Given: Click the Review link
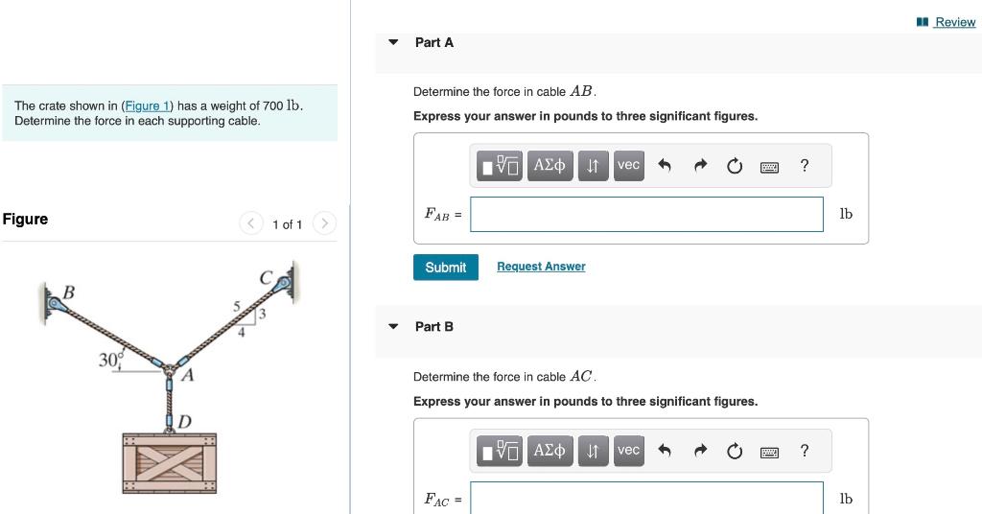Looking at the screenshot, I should [x=954, y=22].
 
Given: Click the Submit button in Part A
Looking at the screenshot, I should [x=445, y=268].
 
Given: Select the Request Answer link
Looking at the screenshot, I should [x=541, y=267].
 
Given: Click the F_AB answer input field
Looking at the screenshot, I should [x=646, y=214].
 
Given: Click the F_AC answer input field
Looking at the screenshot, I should [x=646, y=498].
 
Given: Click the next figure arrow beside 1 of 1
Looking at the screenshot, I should [x=325, y=224].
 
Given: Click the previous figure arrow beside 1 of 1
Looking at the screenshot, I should [x=251, y=224].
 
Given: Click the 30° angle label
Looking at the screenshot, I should [x=109, y=360].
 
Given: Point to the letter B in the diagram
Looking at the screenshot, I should [x=68, y=291].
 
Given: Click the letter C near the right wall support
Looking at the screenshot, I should [x=266, y=278].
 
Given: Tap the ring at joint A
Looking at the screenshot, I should [x=170, y=369].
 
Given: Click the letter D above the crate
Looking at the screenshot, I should [x=184, y=421].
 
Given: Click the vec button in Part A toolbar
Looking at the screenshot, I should [x=628, y=166].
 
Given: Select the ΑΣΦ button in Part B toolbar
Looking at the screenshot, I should [x=549, y=451].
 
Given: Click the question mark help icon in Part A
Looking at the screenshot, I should [x=804, y=166].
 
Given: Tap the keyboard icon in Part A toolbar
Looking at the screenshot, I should [x=769, y=167].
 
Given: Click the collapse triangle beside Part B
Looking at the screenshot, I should [x=393, y=327].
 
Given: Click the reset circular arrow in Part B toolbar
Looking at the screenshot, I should [x=734, y=451].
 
